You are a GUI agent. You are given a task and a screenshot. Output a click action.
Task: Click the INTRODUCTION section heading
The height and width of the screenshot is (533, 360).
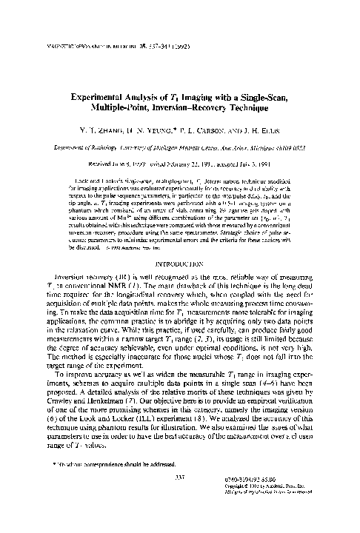(180, 261)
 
